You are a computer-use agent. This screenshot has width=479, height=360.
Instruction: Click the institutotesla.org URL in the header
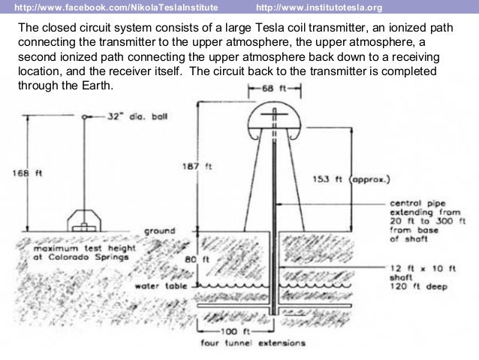point(319,8)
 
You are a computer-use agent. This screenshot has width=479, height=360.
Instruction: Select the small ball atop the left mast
point(84,116)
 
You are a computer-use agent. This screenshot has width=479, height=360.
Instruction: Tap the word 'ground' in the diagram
point(159,231)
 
